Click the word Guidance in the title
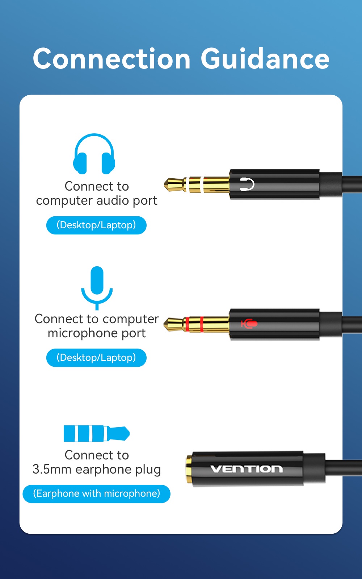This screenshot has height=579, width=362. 265,59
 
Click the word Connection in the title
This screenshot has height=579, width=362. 112,59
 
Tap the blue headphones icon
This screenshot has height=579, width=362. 94,154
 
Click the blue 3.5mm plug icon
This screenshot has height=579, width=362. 96,434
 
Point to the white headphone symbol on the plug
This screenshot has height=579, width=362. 247,184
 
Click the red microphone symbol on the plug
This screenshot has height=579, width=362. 249,323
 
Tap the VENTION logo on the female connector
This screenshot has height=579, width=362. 247,469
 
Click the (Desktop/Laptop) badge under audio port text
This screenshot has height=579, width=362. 96,225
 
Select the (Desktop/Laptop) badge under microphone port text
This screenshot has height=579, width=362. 96,358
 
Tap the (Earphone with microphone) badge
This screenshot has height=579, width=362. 96,494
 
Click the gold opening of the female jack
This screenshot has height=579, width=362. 189,469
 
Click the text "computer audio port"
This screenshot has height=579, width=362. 97,201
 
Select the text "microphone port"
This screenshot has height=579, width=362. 97,333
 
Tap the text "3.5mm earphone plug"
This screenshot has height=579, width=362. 97,470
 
